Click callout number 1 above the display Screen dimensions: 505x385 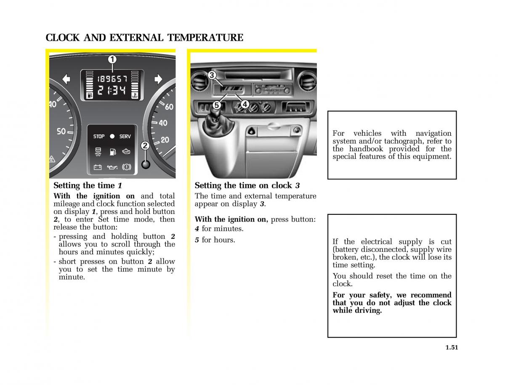coord(112,60)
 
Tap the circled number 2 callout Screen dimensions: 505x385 coord(145,146)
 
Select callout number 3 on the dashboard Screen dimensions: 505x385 coord(212,75)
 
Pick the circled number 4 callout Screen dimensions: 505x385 coord(245,104)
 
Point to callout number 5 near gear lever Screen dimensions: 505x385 coord(216,105)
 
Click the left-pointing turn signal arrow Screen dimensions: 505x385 coord(66,79)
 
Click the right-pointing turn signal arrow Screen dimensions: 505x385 coord(158,79)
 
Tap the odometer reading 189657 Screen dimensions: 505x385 coord(112,79)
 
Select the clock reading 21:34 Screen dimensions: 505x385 coord(112,90)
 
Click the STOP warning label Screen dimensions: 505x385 coord(99,137)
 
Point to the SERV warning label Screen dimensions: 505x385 coord(125,137)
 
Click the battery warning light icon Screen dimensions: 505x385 coord(98,167)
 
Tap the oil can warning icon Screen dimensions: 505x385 coord(112,167)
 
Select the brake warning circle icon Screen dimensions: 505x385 coord(127,167)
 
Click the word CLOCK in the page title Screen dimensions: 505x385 coord(63,38)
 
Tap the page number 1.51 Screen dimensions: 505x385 coord(452,347)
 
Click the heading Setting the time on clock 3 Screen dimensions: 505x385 coord(247,185)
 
